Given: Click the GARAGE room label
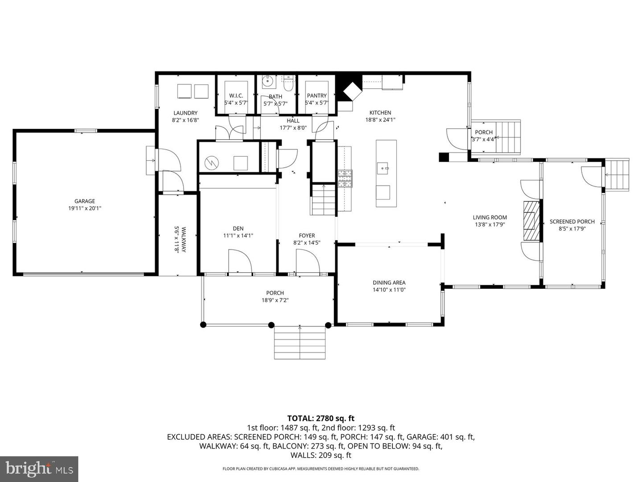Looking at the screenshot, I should (85, 201).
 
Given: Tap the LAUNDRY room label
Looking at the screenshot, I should (185, 113).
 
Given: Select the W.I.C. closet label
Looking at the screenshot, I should (236, 96).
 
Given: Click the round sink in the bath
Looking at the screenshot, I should (268, 81).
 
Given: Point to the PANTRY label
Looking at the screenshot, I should (317, 96).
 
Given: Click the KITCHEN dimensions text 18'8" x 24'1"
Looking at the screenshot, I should (380, 120).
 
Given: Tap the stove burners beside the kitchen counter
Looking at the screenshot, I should (345, 179).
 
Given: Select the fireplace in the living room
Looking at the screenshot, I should (531, 221).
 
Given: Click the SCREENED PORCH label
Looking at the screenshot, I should (572, 221).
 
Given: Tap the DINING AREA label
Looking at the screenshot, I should (389, 283).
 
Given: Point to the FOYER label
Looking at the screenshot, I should (307, 236).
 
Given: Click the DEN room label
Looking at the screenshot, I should (238, 229).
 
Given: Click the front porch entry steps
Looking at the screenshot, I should (300, 343).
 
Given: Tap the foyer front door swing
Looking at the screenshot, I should (306, 261).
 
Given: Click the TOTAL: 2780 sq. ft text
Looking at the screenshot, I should (321, 418).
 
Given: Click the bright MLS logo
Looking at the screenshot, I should (39, 469).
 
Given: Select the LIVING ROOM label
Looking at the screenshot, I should (490, 217).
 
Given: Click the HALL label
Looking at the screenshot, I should (293, 120).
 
